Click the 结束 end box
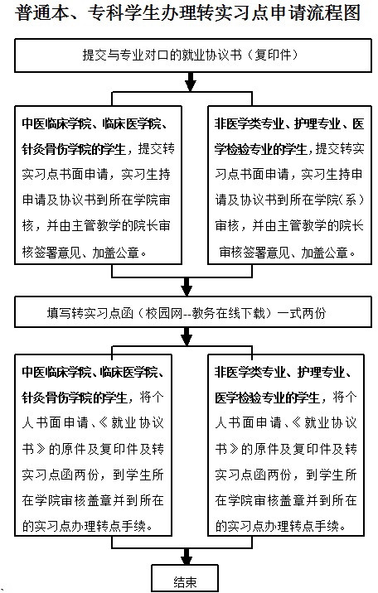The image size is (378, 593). (185, 578)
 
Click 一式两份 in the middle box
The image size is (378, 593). (302, 313)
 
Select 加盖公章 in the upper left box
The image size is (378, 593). (116, 253)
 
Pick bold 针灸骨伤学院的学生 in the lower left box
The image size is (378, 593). (75, 398)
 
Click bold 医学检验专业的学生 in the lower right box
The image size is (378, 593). (268, 398)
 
